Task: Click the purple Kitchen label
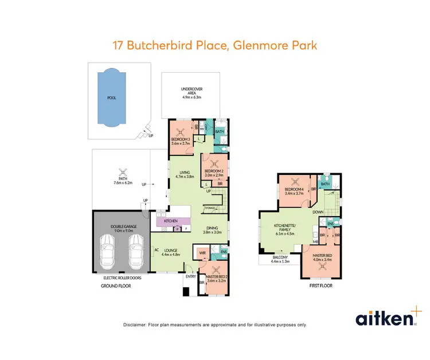171,221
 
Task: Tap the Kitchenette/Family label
285,229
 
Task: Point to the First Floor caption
320,285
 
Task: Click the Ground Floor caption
116,285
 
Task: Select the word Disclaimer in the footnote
135,324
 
